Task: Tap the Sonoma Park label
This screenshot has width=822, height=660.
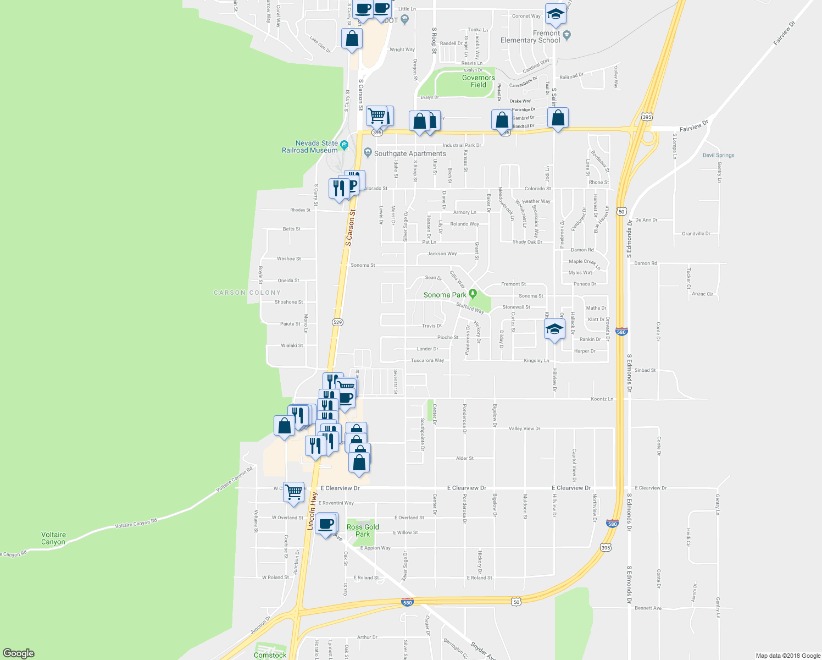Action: tap(445, 295)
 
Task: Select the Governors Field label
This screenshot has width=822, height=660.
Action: tap(478, 81)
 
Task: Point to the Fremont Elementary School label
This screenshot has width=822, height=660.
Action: tap(530, 37)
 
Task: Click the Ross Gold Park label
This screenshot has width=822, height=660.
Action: tap(363, 530)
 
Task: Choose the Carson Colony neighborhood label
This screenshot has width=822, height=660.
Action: tap(247, 293)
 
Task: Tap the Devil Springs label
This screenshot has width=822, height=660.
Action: tap(718, 155)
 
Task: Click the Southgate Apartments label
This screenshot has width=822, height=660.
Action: tap(410, 153)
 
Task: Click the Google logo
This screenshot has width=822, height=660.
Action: tap(18, 653)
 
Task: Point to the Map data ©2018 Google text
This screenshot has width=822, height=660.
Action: tap(788, 656)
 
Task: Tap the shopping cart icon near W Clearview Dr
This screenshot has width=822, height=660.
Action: tap(294, 491)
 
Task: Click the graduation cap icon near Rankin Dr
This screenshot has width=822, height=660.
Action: tap(554, 329)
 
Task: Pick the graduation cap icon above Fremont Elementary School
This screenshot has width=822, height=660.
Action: tap(556, 14)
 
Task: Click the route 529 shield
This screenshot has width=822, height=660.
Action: tap(337, 322)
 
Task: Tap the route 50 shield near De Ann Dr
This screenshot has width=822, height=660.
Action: tap(621, 211)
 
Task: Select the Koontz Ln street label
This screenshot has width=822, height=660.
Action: tap(602, 399)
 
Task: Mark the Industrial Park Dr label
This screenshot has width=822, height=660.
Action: tap(462, 145)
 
